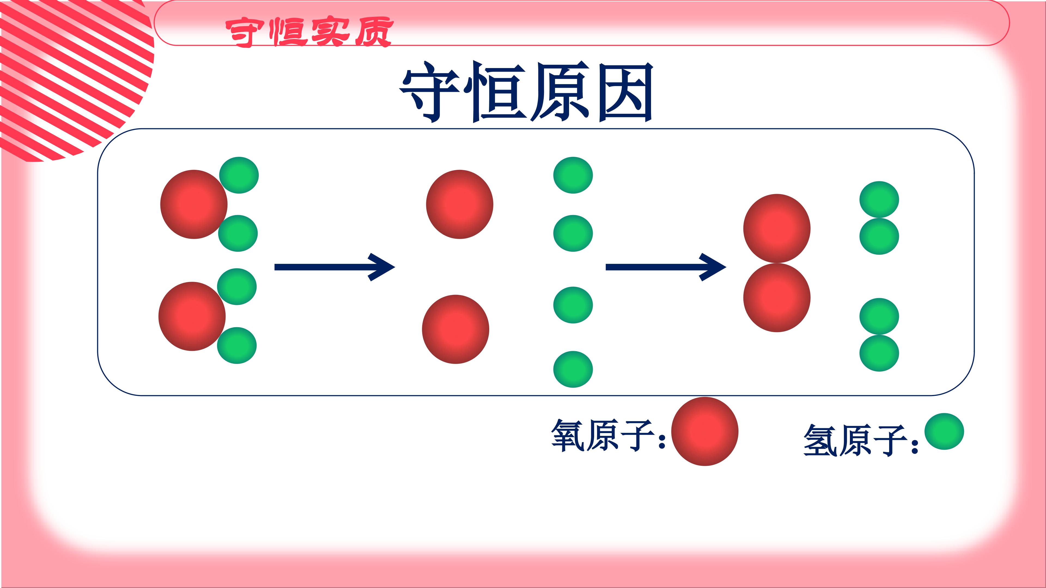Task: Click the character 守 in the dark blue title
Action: (431, 92)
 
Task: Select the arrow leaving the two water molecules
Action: (335, 267)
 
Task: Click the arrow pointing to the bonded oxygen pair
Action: (666, 267)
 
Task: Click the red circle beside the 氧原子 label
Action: (704, 431)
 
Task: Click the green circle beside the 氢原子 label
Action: (944, 431)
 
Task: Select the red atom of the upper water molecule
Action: (194, 204)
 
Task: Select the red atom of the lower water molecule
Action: (192, 316)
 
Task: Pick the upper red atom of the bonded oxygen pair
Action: (777, 228)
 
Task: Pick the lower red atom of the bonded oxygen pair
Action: (777, 298)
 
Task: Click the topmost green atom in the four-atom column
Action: (573, 175)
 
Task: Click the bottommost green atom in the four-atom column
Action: (573, 369)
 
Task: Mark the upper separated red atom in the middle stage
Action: (460, 204)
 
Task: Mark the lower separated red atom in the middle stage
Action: (456, 329)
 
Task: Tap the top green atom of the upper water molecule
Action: (239, 175)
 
